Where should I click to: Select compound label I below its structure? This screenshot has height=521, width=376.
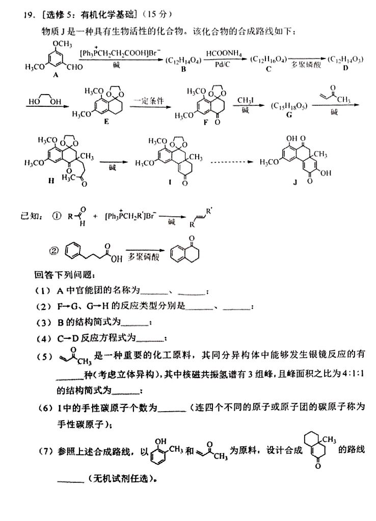[x=169, y=181]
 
